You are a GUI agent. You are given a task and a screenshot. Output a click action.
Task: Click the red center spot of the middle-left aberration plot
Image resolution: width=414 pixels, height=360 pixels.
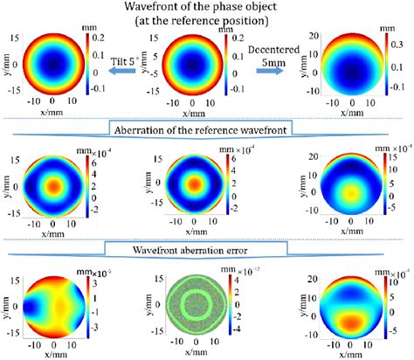pyautogui.click(x=55, y=185)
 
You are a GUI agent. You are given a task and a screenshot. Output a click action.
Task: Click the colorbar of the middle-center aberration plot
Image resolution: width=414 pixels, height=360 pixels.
pyautogui.click(x=237, y=185)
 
